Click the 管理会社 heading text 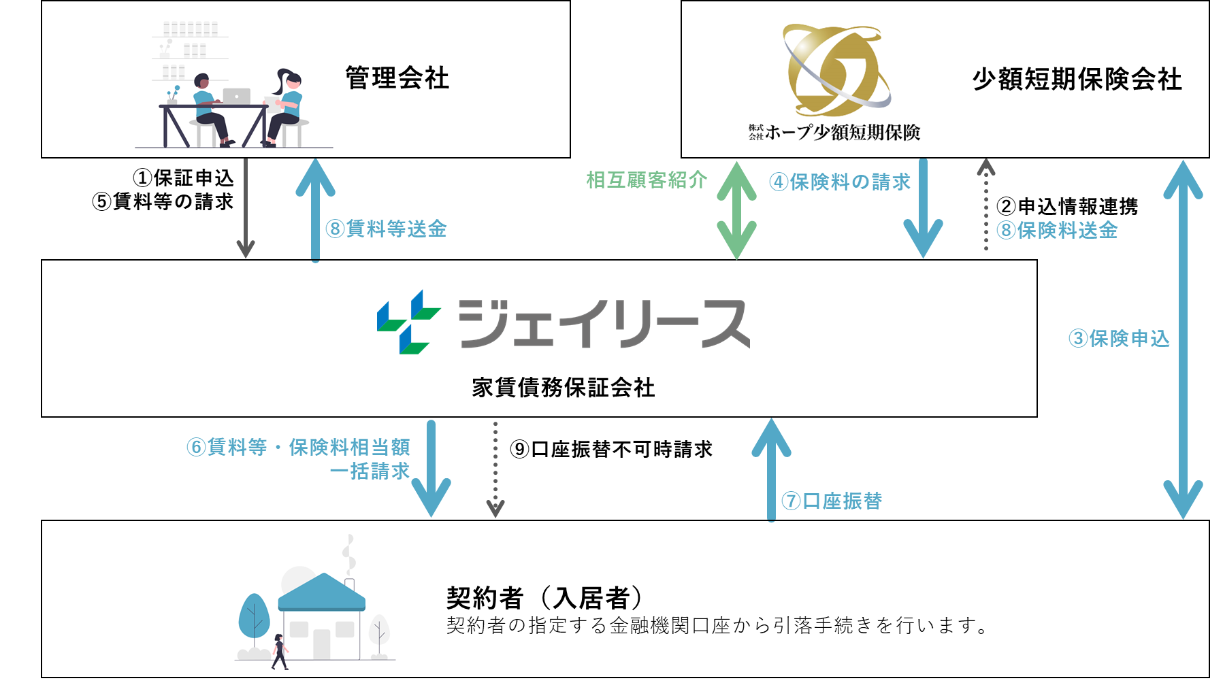click(397, 78)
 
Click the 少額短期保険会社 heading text click(1077, 80)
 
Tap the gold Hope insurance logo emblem click(835, 69)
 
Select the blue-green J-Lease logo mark click(408, 322)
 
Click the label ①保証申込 click(183, 178)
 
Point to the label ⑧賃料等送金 click(386, 229)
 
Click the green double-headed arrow click(736, 211)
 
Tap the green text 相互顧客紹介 click(647, 180)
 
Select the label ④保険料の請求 click(840, 182)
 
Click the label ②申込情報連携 click(1066, 206)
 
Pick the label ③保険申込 click(1119, 339)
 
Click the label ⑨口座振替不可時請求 click(610, 450)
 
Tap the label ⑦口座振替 click(832, 501)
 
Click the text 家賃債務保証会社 click(563, 388)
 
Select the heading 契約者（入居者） click(544, 598)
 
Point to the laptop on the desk click(236, 97)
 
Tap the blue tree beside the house click(254, 616)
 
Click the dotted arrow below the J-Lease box click(495, 469)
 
